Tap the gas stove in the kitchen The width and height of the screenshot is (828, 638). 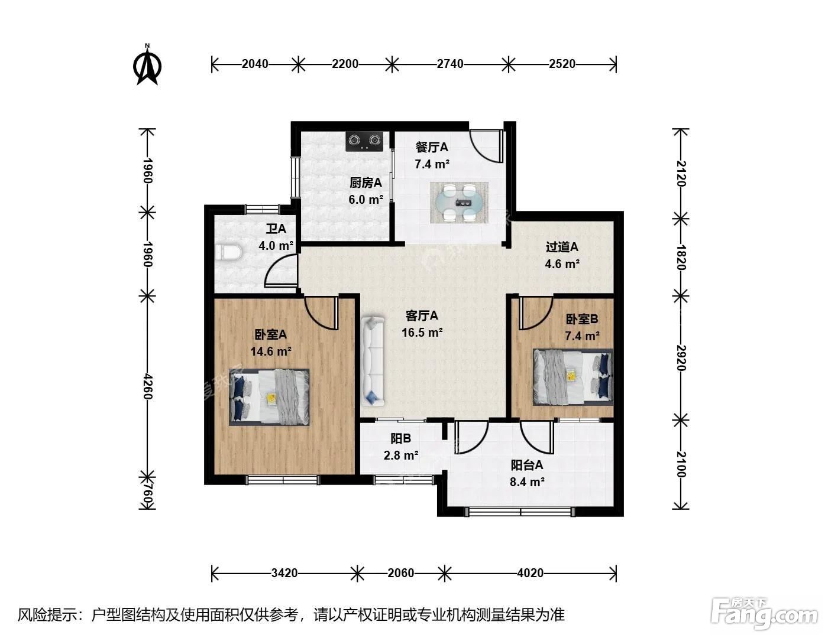[x=365, y=141]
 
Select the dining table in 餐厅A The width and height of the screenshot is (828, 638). [x=459, y=203]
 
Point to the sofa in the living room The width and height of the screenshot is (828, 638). [x=373, y=361]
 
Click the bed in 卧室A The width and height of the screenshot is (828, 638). [x=269, y=397]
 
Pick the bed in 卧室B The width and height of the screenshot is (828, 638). [x=573, y=377]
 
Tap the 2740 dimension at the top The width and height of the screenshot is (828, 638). [x=450, y=64]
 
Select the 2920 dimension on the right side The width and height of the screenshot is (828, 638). [x=681, y=358]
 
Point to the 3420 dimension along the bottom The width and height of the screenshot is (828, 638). [x=284, y=573]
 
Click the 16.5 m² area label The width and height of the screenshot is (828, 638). [x=422, y=333]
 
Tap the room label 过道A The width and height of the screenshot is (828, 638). [x=562, y=248]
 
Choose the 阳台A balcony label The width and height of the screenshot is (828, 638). [x=526, y=465]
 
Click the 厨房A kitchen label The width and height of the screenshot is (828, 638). [x=366, y=183]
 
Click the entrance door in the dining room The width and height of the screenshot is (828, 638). [x=487, y=147]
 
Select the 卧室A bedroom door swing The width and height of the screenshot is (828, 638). [x=321, y=314]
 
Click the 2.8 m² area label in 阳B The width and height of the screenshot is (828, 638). [x=401, y=455]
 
